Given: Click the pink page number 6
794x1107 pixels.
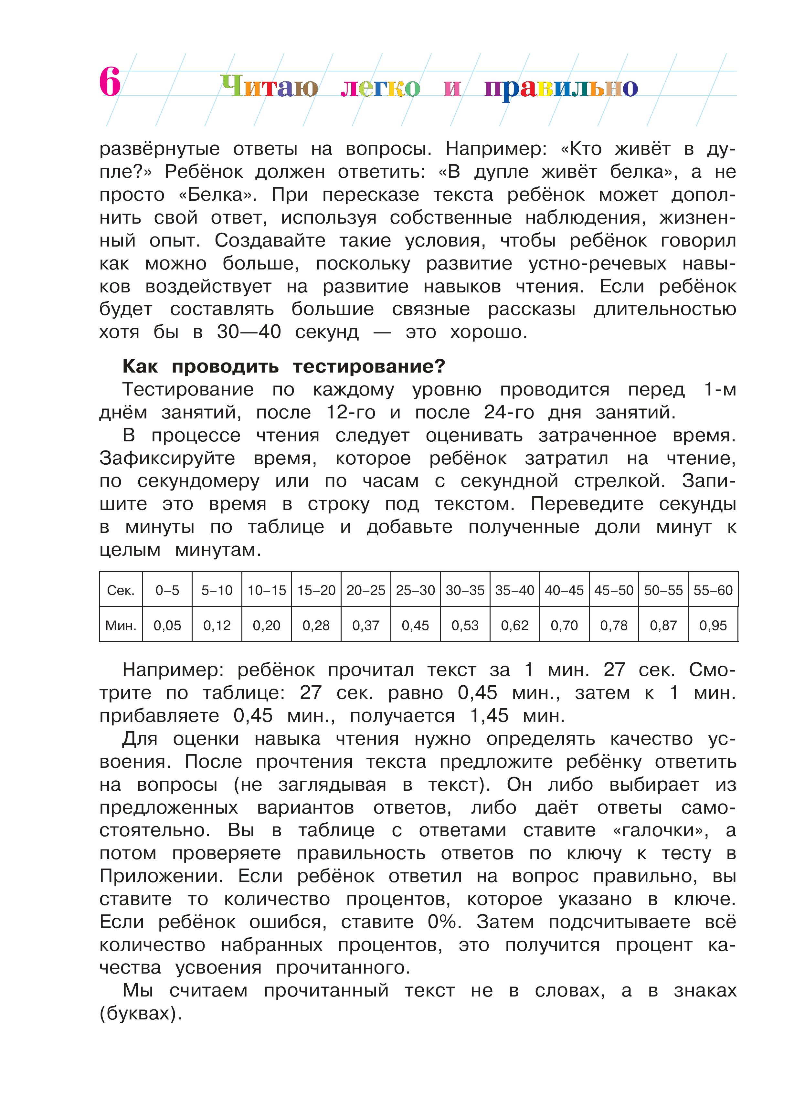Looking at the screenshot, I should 110,82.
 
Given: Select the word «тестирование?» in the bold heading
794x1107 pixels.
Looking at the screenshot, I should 369,366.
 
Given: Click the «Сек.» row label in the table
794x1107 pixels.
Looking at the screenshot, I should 121,590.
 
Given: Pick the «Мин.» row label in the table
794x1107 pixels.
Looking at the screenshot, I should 121,625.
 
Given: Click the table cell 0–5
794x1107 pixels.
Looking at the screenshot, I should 167,590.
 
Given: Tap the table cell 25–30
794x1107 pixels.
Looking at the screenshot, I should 415,590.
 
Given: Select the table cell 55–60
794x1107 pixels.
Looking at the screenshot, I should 713,590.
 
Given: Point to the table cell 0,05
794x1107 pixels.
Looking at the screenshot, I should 167,625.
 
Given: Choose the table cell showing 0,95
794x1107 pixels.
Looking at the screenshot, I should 713,625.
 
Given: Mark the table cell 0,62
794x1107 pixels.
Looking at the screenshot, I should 514,625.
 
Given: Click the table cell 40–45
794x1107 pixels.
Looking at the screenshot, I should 564,590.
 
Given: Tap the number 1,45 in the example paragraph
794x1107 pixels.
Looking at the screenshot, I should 489,716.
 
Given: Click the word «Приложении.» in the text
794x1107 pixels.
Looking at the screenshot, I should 161,876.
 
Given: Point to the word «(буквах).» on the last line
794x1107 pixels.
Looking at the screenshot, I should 141,1014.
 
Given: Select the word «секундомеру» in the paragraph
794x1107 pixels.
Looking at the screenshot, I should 198,481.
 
